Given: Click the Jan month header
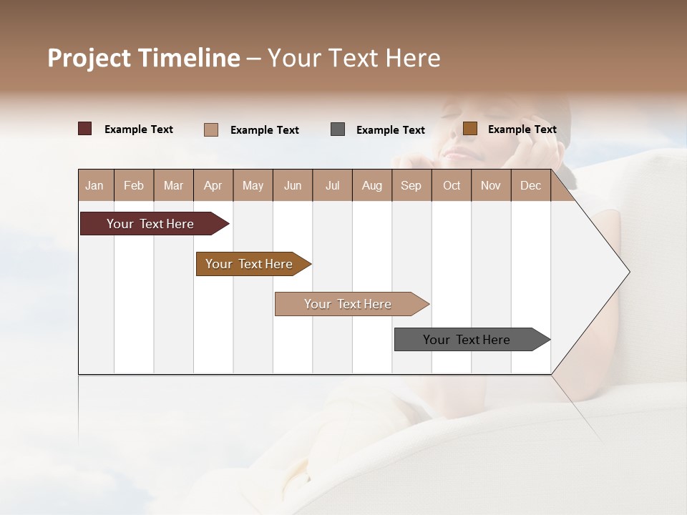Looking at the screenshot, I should (95, 185).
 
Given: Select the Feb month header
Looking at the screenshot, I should (134, 185).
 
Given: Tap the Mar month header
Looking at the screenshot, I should (173, 185).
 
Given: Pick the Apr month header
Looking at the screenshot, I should (213, 185).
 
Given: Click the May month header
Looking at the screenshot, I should (253, 185).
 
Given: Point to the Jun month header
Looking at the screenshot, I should (293, 185).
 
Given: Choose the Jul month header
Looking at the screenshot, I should (332, 185).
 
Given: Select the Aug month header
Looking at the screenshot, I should (372, 185).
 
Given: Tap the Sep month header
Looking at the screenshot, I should (411, 185).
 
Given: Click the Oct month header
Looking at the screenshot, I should (452, 185).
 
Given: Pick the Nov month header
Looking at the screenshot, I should (491, 185).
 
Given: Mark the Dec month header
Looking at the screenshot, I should (531, 185).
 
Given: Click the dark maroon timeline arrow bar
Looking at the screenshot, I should (151, 224).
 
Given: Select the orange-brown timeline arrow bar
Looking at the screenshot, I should (250, 264).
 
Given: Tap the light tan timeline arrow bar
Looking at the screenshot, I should (349, 304).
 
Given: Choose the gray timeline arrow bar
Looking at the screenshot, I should (467, 340).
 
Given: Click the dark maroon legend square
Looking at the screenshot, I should (85, 129).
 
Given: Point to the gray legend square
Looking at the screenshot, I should (338, 129).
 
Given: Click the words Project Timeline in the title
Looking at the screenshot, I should (144, 58).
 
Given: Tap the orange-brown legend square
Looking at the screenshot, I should (470, 129).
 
